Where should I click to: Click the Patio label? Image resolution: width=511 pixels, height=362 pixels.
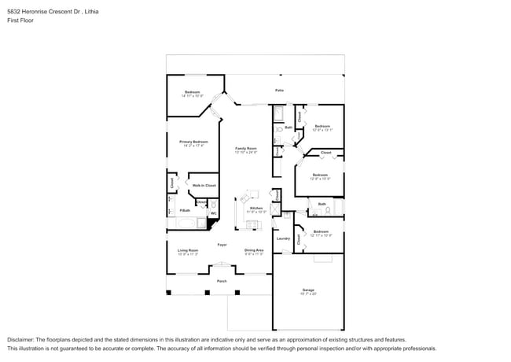click(x=279, y=90)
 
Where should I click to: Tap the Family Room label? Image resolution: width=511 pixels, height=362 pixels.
click(x=246, y=149)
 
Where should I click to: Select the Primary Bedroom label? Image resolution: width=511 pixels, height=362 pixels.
click(x=182, y=142)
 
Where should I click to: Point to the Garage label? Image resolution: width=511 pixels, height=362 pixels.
click(x=307, y=290)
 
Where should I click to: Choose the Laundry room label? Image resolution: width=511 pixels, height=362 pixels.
click(x=283, y=238)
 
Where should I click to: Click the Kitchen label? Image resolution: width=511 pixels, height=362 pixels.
click(x=257, y=208)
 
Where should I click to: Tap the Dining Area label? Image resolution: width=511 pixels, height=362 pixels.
click(x=254, y=250)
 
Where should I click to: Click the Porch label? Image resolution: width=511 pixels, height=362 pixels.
click(x=222, y=280)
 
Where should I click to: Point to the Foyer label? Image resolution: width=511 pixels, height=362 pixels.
click(x=222, y=245)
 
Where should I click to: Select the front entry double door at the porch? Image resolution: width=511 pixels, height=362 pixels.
click(x=222, y=270)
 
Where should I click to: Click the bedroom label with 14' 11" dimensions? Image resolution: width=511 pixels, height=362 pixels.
click(x=193, y=93)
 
